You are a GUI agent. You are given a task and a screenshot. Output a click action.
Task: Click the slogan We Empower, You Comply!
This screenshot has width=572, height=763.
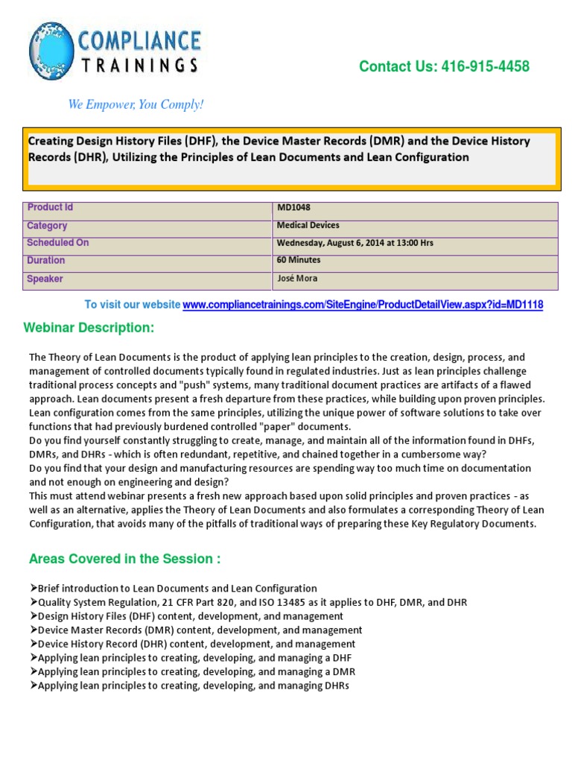click(136, 104)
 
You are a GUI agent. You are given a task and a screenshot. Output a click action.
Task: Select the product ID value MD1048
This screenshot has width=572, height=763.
click(293, 208)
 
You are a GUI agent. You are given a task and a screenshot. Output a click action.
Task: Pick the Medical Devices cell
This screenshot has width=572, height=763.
click(308, 225)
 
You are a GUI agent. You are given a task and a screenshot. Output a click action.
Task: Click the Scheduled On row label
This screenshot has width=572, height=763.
click(57, 243)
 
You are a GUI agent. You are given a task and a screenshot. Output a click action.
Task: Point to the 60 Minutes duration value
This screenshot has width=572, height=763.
click(299, 260)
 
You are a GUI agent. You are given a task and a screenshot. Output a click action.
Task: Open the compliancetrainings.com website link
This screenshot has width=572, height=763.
click(363, 305)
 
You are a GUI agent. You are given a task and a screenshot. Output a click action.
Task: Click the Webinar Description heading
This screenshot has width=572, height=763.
click(89, 329)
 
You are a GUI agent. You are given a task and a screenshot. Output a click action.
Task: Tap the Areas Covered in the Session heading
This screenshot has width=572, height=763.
click(124, 559)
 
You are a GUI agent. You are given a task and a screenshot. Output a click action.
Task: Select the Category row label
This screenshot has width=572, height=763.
click(47, 226)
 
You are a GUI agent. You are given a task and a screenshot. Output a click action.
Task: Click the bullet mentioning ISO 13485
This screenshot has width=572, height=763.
click(250, 602)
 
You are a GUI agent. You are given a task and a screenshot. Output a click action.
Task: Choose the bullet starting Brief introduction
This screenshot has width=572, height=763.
click(174, 589)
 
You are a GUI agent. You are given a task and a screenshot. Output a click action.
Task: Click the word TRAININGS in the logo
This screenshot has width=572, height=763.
click(141, 65)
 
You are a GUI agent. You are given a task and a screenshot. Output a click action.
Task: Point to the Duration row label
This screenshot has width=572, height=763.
click(46, 261)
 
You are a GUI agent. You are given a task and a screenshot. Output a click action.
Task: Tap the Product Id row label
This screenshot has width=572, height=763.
click(50, 208)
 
